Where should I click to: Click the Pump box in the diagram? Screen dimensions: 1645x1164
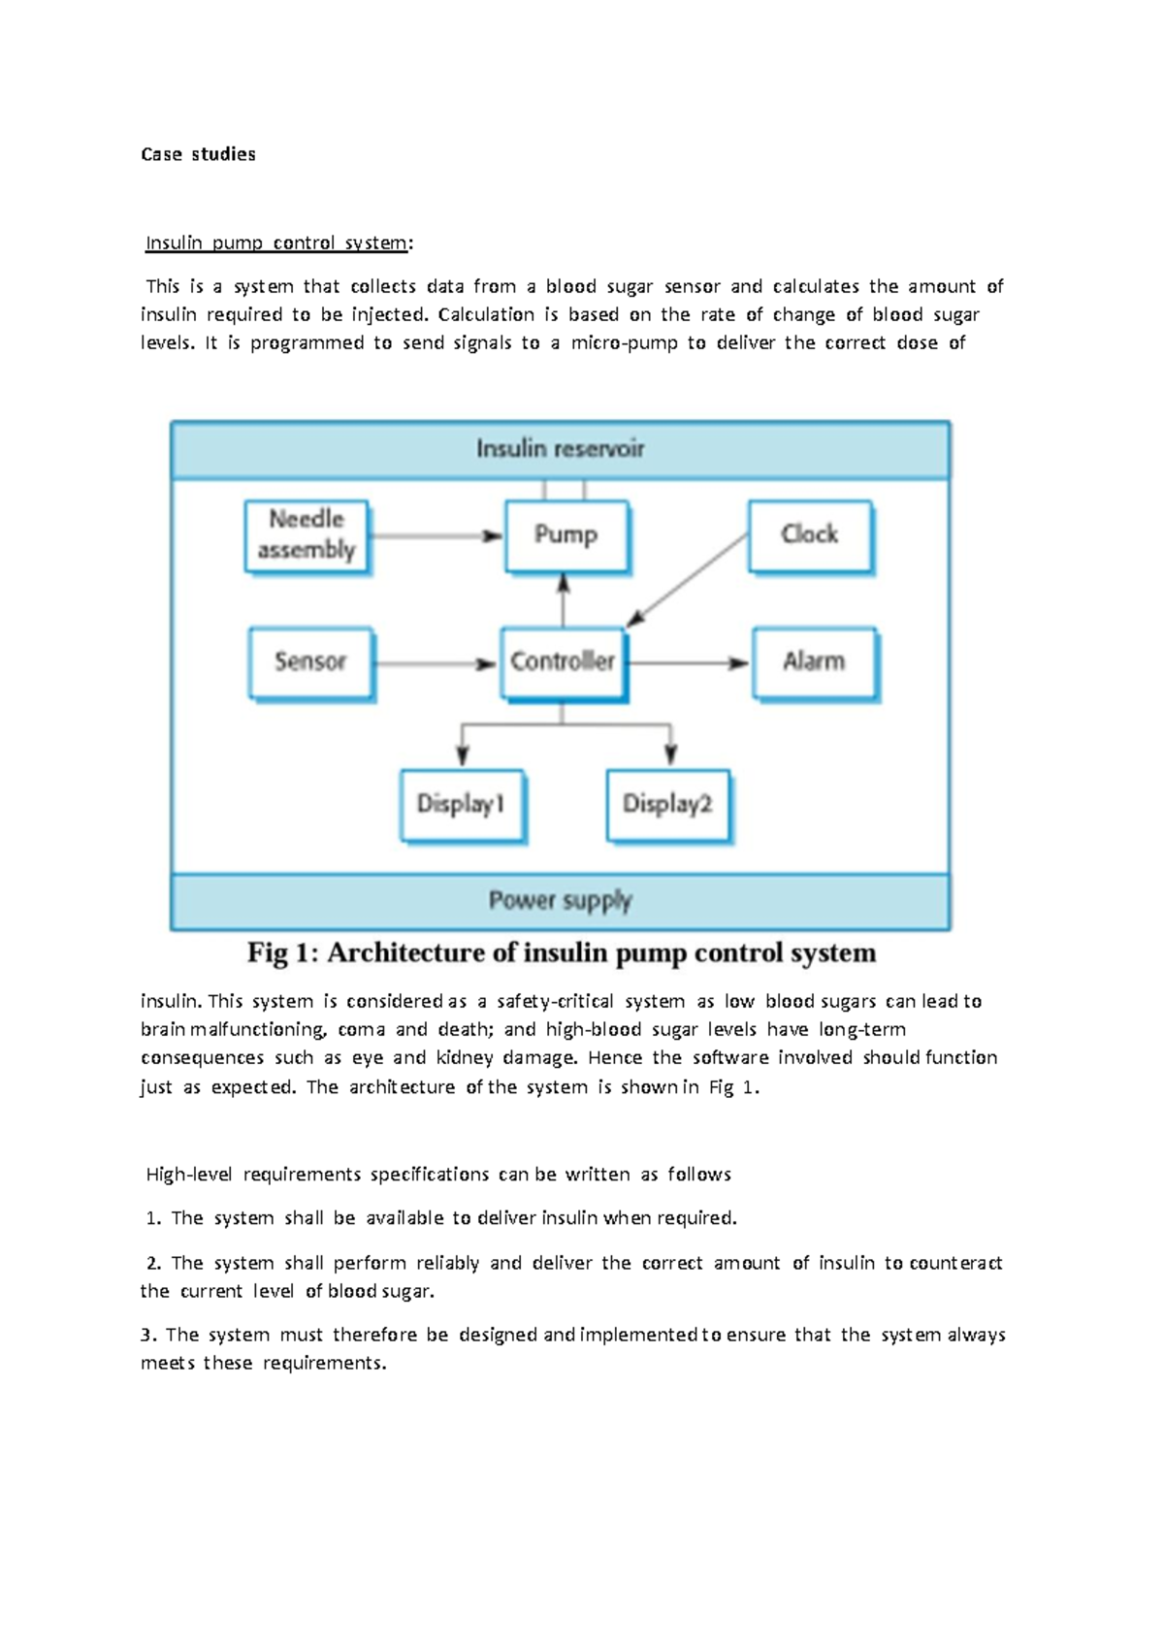[566, 535]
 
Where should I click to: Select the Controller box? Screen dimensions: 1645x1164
[563, 662]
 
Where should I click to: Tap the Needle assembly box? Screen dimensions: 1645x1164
[307, 536]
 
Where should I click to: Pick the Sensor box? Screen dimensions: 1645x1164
[310, 662]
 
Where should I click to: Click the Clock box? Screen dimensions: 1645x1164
[810, 535]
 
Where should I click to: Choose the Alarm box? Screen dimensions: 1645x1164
[815, 662]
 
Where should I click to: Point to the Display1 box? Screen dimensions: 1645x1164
[462, 805]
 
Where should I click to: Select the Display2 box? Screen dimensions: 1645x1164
[667, 805]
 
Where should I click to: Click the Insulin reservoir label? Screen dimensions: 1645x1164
[560, 449]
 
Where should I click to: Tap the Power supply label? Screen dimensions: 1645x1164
[560, 901]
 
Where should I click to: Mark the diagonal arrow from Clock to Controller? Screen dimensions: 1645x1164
[689, 579]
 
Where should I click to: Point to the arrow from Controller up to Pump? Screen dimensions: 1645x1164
[564, 601]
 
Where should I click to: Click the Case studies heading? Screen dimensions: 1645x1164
[198, 154]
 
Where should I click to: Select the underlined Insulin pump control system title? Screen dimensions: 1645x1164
[276, 242]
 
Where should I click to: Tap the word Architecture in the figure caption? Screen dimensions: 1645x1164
[407, 953]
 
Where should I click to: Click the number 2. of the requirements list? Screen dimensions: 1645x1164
[153, 1263]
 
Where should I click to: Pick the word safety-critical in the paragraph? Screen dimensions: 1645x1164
[555, 1001]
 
